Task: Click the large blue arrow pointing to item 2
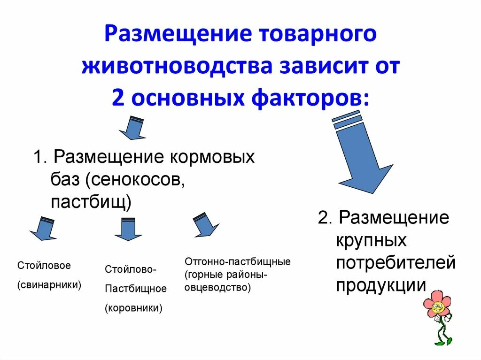[x=362, y=155]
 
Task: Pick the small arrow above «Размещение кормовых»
[x=133, y=128]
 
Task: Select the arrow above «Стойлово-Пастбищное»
[x=128, y=229]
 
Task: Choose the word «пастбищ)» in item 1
[x=91, y=202]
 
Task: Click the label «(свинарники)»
[x=49, y=285]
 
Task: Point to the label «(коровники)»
[x=133, y=308]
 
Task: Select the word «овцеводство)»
[x=217, y=287]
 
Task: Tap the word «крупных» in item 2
[x=371, y=240]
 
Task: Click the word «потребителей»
[x=396, y=263]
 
